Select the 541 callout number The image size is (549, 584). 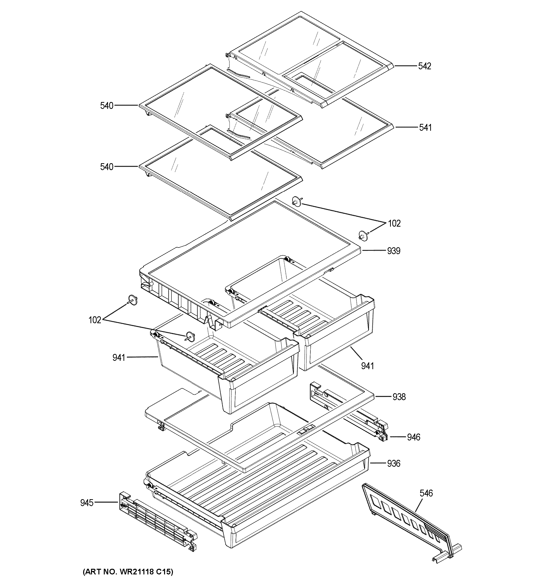(x=425, y=128)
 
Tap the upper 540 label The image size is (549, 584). (x=107, y=106)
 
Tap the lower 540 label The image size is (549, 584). (x=107, y=167)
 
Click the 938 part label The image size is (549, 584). (x=399, y=397)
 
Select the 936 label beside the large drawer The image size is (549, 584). (x=393, y=464)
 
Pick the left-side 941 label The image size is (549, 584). (x=119, y=358)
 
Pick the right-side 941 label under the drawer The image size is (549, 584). (x=367, y=366)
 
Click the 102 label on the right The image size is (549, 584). (x=394, y=224)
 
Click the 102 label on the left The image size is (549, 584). (x=95, y=320)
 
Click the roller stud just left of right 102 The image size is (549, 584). (x=364, y=235)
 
